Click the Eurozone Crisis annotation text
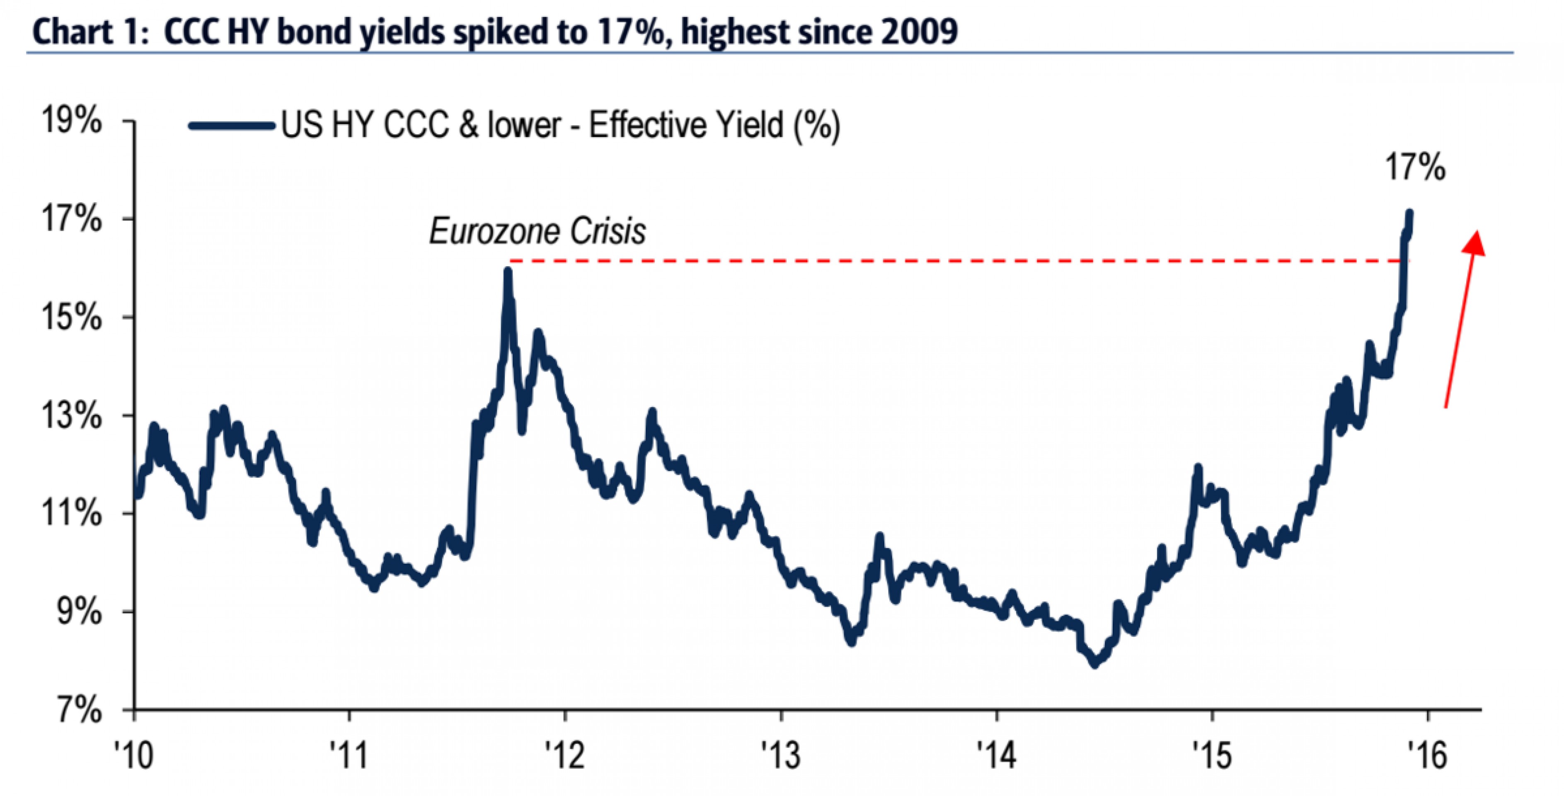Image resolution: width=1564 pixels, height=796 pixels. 537,231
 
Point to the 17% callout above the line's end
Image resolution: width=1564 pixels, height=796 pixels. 1415,167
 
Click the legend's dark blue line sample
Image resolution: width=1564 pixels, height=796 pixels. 231,126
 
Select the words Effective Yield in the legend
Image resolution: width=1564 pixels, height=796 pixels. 686,126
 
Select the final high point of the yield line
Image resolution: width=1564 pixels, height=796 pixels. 1410,213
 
